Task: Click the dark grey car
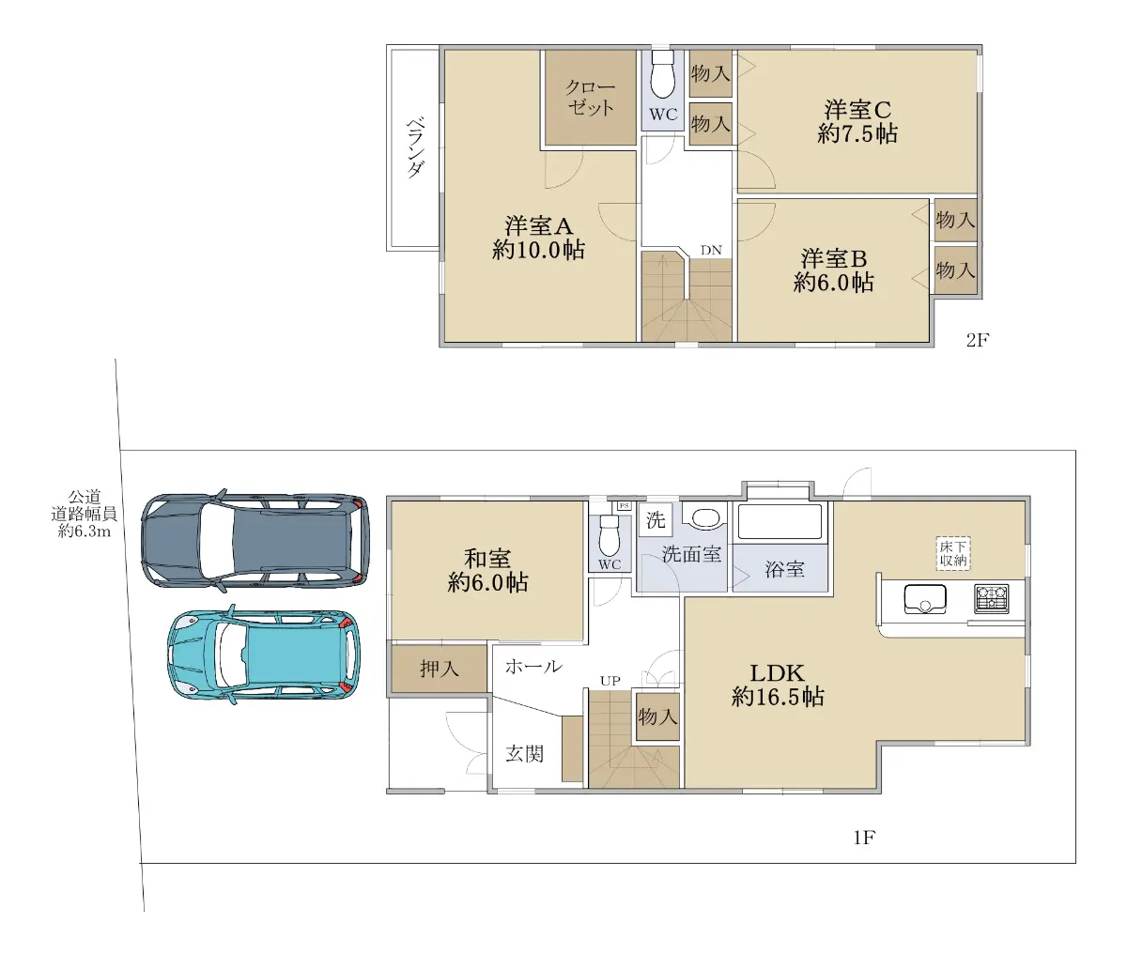(255, 541)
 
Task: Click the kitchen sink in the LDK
(925, 598)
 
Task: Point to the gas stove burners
(992, 598)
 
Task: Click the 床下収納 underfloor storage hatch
(953, 553)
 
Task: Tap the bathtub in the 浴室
(780, 522)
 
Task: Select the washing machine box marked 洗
(656, 520)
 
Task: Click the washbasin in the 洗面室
(705, 516)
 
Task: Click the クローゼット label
(591, 97)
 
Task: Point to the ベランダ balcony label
(415, 147)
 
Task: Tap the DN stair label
(711, 250)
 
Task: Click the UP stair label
(610, 681)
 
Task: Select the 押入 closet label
(440, 669)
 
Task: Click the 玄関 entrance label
(524, 754)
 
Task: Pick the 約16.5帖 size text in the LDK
(778, 697)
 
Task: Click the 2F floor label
(978, 340)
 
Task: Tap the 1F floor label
(864, 838)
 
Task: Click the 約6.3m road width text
(85, 531)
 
